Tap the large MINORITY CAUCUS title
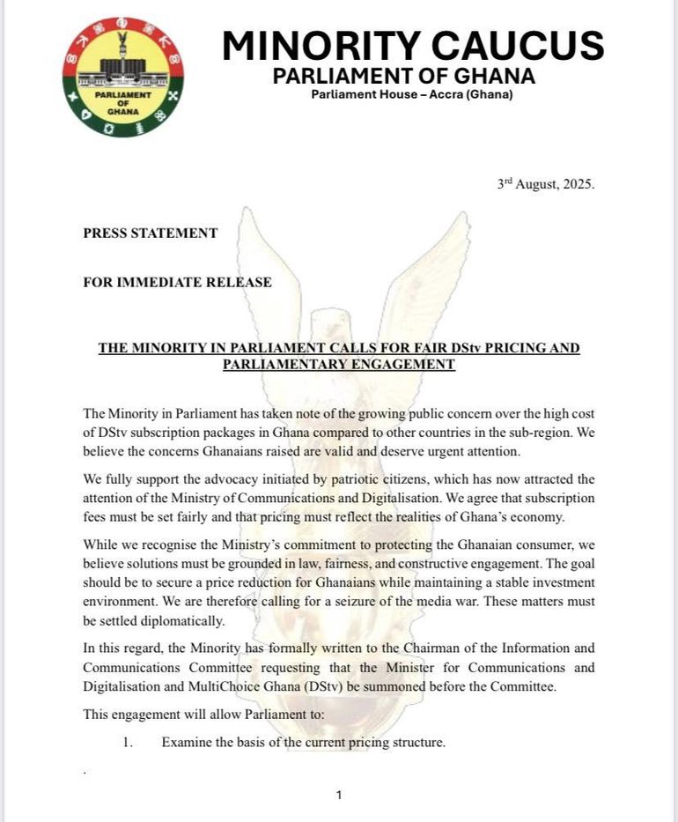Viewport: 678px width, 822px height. point(413,45)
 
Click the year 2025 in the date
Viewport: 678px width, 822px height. point(576,186)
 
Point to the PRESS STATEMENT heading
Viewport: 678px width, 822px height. point(150,233)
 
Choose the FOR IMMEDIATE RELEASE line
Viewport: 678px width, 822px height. point(177,282)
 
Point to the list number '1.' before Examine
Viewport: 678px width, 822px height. point(128,743)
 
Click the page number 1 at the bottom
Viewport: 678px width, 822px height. point(339,796)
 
